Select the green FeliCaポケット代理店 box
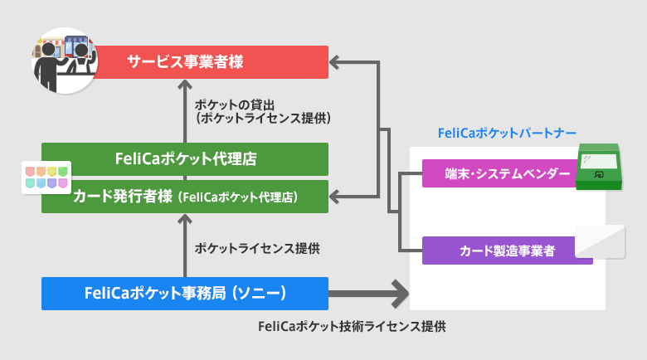pos(185,158)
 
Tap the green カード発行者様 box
pos(185,197)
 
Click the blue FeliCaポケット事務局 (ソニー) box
pos(185,293)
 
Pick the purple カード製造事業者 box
pos(507,250)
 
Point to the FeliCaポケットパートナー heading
pos(506,133)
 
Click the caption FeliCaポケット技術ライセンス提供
pos(352,326)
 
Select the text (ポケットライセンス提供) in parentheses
pos(262,119)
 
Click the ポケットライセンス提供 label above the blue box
pos(256,247)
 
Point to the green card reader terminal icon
pos(598,165)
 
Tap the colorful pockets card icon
pos(46,176)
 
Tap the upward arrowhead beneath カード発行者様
pos(185,220)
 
